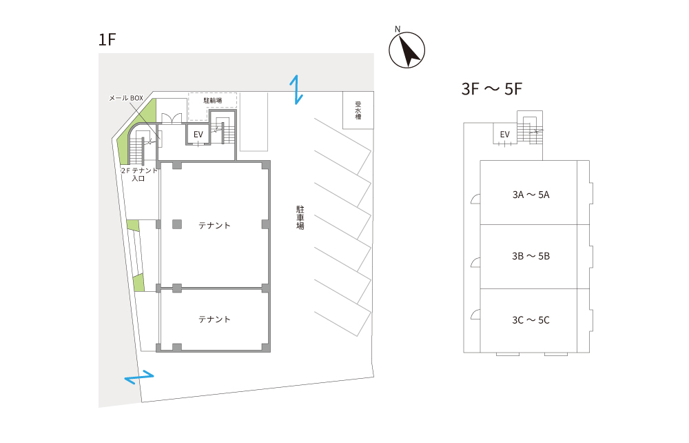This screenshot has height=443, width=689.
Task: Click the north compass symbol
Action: tap(407, 49)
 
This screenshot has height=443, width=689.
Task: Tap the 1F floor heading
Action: tap(107, 39)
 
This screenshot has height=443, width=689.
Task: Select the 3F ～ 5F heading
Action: tap(492, 89)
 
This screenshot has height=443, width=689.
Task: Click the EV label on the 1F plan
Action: tap(198, 135)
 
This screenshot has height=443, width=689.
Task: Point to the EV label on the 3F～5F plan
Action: tap(504, 135)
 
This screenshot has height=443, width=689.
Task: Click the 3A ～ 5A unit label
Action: tap(531, 195)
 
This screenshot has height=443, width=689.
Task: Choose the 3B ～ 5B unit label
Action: tap(531, 256)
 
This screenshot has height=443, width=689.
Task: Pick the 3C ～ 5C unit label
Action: tap(531, 320)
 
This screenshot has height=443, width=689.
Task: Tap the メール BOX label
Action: tap(126, 98)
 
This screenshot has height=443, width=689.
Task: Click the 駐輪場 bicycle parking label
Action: tap(213, 100)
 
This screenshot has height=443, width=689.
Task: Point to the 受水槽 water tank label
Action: tap(358, 110)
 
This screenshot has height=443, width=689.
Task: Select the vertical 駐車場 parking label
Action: tap(300, 217)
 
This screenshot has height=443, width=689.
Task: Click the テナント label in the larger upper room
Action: tap(214, 226)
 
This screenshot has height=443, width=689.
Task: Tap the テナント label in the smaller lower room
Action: tap(214, 319)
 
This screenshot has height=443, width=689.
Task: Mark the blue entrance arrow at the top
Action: tap(296, 90)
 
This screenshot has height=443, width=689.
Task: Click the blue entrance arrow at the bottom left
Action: tap(139, 377)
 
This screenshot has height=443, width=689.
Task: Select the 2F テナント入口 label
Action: tap(139, 174)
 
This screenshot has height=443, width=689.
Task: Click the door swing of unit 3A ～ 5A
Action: tap(475, 199)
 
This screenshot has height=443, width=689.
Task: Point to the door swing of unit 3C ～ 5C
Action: tap(475, 314)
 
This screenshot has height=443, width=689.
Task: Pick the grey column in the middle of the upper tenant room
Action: tap(177, 224)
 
